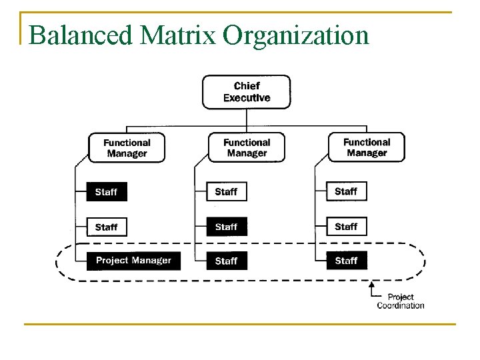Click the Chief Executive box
pos(247,92)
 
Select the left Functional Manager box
pos(127,148)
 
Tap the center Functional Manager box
pos(247,148)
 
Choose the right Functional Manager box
pos(367,147)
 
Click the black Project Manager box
pos(133,261)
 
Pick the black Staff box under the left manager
pos(107,192)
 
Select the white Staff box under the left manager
pos(107,227)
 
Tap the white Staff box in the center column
pos(227,192)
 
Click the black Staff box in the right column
pos(347,261)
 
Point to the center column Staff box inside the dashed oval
pos(227,261)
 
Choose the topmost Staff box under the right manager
pos(347,191)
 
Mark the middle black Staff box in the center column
pos(227,227)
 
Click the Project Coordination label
pos(400,301)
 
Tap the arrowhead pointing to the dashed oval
pos(371,285)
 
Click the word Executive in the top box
pos(247,98)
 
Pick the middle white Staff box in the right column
pos(347,227)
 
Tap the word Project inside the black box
pos(112,261)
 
